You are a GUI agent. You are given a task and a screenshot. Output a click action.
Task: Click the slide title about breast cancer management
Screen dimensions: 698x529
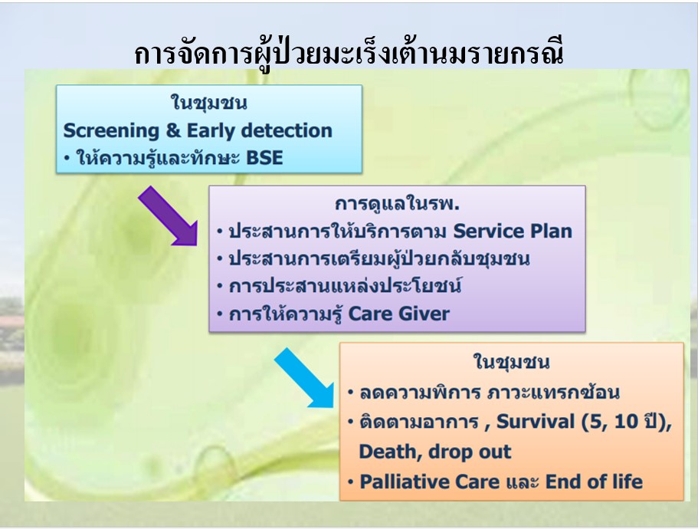coord(349,54)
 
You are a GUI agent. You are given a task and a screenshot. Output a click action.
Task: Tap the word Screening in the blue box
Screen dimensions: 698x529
coord(111,131)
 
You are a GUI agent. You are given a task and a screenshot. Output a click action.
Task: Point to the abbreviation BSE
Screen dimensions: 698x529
coord(264,158)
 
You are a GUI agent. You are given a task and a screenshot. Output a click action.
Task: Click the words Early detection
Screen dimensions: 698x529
coord(259,130)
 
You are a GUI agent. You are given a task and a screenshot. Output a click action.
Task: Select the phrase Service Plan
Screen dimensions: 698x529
coord(513,231)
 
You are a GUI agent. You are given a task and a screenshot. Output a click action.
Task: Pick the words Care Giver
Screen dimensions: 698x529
coord(399,314)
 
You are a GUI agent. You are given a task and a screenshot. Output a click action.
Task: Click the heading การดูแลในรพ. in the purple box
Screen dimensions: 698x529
coord(397,204)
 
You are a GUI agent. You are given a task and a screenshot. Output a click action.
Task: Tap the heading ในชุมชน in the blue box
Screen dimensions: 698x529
coord(208,103)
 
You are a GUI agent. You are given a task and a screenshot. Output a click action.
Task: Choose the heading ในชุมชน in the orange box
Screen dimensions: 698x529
coord(511,362)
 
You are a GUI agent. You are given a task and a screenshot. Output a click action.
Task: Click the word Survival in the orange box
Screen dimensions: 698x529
coord(536,421)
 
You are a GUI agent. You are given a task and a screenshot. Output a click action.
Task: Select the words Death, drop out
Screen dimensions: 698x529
coord(435,452)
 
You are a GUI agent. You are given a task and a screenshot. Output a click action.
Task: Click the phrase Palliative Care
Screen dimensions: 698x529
coord(430,481)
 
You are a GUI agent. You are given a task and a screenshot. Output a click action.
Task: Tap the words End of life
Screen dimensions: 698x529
coord(594,481)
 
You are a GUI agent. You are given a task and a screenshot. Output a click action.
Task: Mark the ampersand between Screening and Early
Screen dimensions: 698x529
coord(172,131)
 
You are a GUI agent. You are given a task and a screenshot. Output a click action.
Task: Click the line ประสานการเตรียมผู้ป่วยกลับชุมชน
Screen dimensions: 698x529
coord(378,258)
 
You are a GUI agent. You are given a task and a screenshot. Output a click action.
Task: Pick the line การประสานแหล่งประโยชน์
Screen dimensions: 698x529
coord(345,285)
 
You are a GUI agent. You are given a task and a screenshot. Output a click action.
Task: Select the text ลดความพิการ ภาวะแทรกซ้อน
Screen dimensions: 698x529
coord(490,393)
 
